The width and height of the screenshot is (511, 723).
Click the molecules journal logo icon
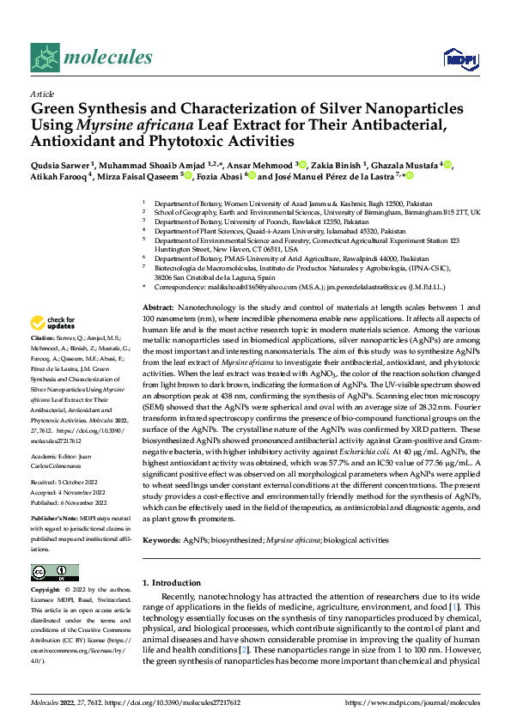pos(46,58)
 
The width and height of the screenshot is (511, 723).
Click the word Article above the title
pos(42,94)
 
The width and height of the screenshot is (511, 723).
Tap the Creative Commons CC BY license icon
pos(54,573)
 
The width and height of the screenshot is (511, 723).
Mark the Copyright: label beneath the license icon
pos(48,591)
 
